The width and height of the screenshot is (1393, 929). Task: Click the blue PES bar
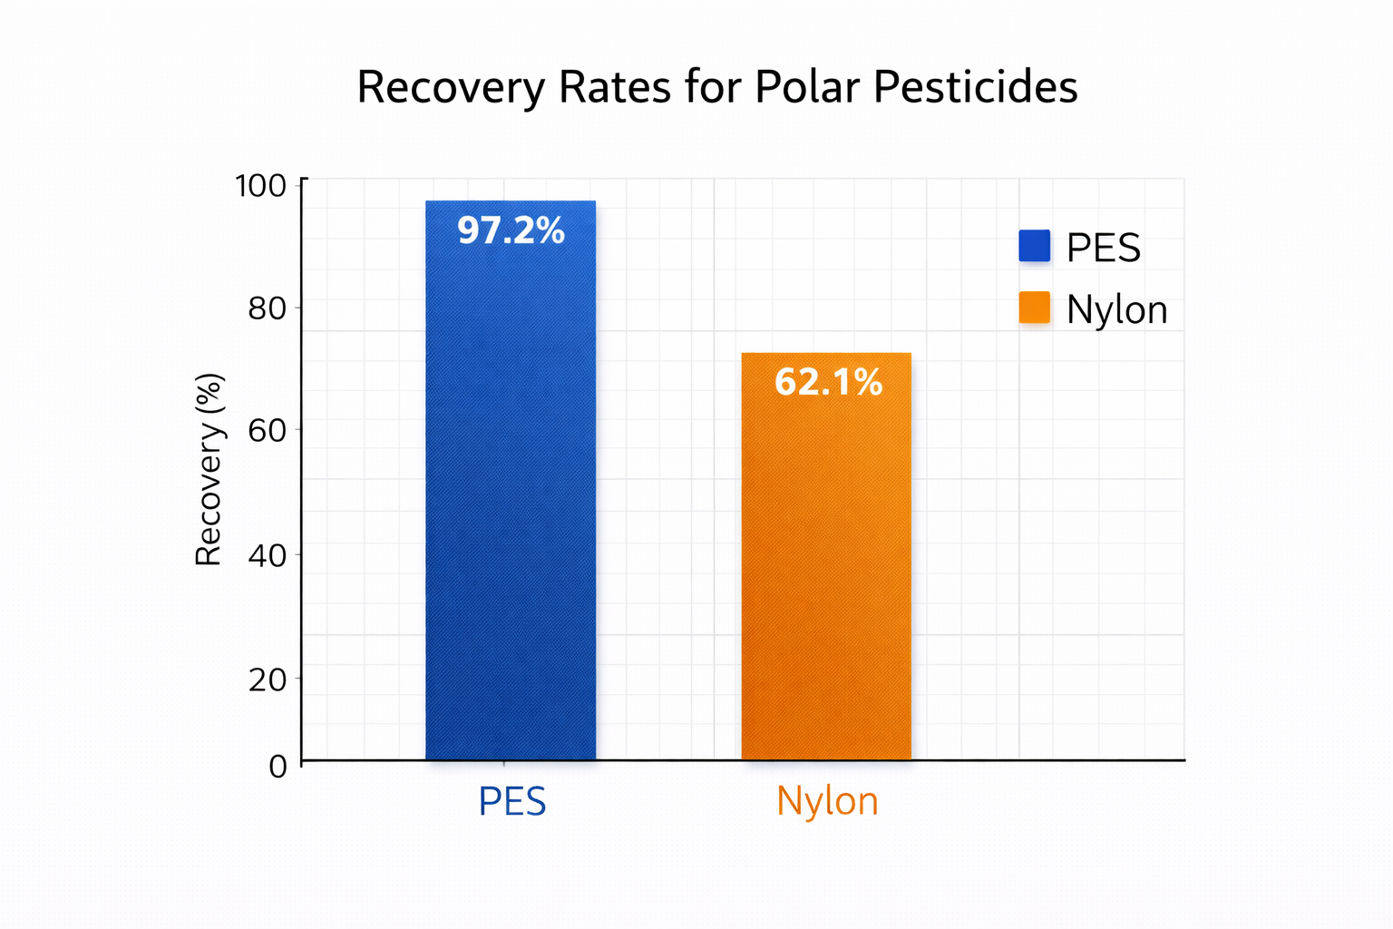[511, 508]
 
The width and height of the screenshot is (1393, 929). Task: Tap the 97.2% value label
[511, 231]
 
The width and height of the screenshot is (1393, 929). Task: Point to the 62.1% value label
[828, 382]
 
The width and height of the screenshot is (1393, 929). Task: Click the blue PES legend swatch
[1034, 246]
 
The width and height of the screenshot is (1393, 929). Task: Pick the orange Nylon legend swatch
[1034, 308]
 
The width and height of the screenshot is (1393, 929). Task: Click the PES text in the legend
[1103, 248]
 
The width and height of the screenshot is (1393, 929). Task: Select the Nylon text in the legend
[1116, 310]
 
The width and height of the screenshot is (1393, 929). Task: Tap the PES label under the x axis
[512, 802]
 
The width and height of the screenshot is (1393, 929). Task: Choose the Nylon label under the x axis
[827, 802]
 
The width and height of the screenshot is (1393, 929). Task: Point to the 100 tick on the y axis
[260, 186]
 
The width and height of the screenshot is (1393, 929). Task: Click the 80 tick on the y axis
[267, 308]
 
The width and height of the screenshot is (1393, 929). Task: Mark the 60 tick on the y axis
[267, 430]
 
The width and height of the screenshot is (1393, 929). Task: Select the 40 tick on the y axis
[267, 555]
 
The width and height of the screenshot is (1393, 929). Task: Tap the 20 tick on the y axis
[267, 679]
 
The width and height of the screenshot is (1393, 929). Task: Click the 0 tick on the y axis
[278, 766]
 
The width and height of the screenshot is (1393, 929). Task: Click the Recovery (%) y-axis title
[209, 470]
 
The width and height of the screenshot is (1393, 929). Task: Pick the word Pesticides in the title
[976, 88]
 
